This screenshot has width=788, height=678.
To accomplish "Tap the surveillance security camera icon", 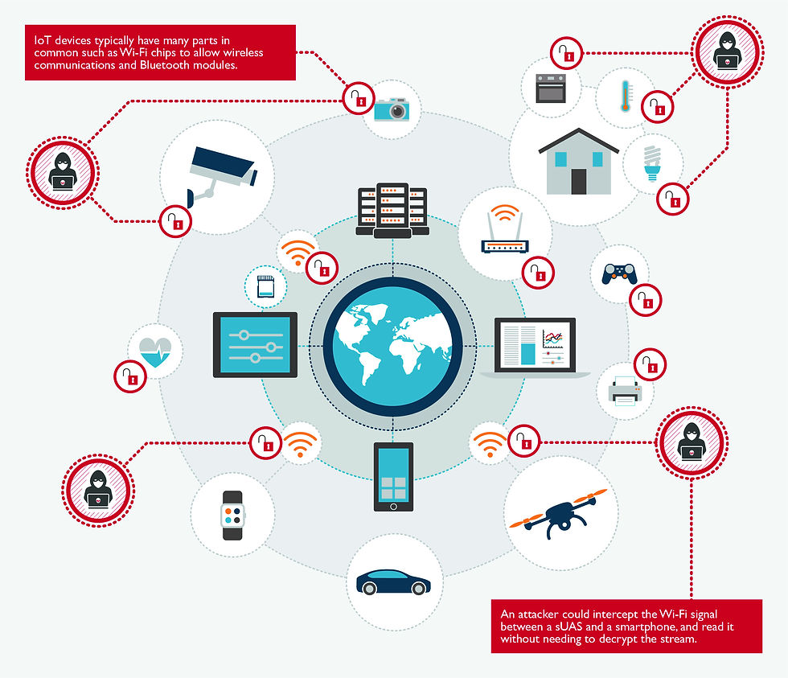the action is [220, 171].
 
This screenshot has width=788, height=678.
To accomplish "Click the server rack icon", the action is [392, 211].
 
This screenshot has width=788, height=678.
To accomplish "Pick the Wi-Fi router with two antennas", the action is [504, 233].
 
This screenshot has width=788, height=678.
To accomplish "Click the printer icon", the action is [625, 392].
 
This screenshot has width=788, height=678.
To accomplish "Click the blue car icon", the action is [393, 582].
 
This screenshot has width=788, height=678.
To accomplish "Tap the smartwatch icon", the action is [232, 514].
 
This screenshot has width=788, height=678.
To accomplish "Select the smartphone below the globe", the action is [393, 476].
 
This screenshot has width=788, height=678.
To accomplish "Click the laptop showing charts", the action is [535, 347].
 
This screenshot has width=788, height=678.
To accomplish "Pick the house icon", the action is [578, 163].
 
